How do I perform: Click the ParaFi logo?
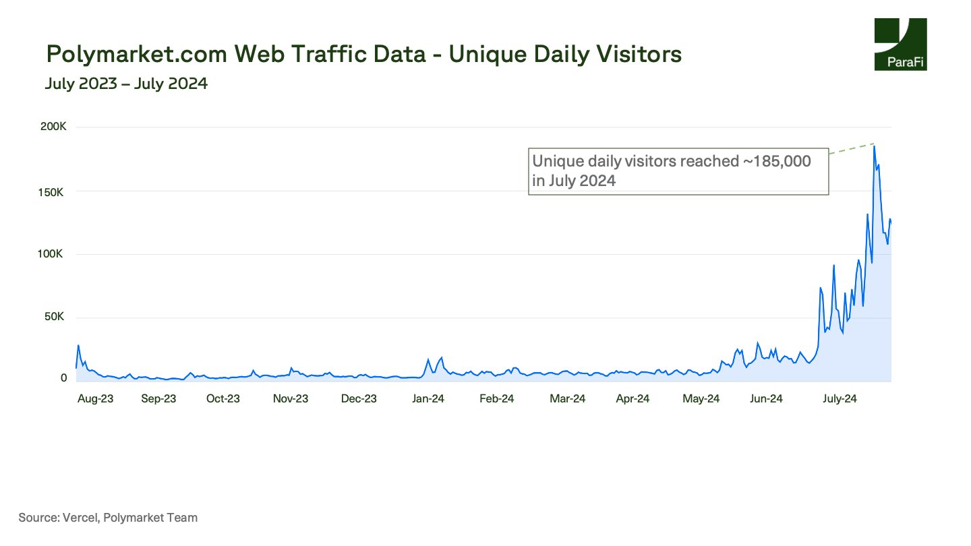(900, 44)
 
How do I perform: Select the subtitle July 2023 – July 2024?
(126, 84)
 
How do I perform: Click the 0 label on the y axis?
(64, 378)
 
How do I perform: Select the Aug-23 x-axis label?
(95, 398)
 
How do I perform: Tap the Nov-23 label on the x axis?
(291, 398)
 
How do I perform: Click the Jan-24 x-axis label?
(428, 398)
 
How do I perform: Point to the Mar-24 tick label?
(568, 398)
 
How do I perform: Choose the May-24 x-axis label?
(701, 398)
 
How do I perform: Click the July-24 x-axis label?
(840, 398)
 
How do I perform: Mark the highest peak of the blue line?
(874, 146)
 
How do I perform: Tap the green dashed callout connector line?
(852, 149)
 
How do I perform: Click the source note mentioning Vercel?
(109, 518)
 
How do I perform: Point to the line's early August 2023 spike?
(78, 346)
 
